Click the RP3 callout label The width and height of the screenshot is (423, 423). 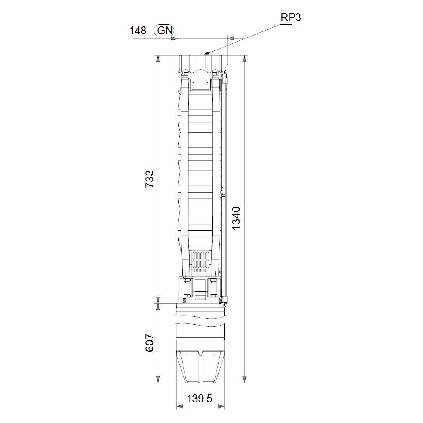click(290, 17)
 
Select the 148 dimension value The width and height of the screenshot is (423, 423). click(138, 31)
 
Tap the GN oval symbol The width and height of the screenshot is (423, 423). click(164, 30)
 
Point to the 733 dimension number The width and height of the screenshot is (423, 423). click(149, 179)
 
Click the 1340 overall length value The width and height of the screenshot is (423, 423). click(236, 218)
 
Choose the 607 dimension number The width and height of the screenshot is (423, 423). click(149, 343)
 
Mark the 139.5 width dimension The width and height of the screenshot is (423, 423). click(200, 399)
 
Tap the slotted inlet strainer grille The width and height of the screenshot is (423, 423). click(200, 261)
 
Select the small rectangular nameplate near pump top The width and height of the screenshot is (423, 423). click(200, 83)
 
